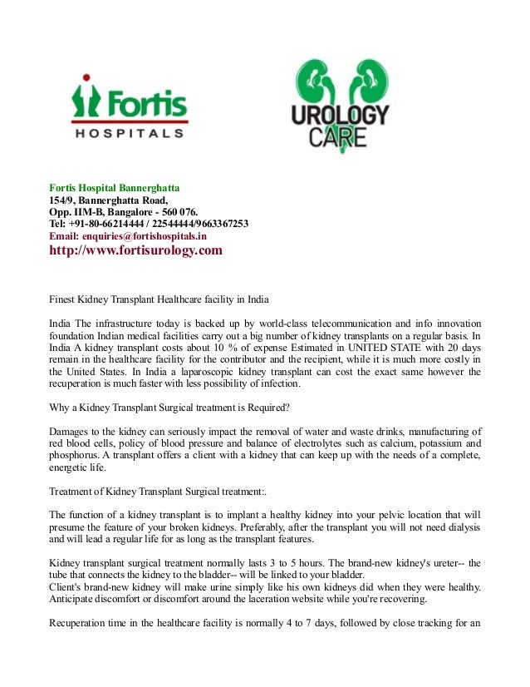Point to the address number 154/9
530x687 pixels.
(x=61, y=200)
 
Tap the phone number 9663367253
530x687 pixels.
(x=218, y=224)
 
